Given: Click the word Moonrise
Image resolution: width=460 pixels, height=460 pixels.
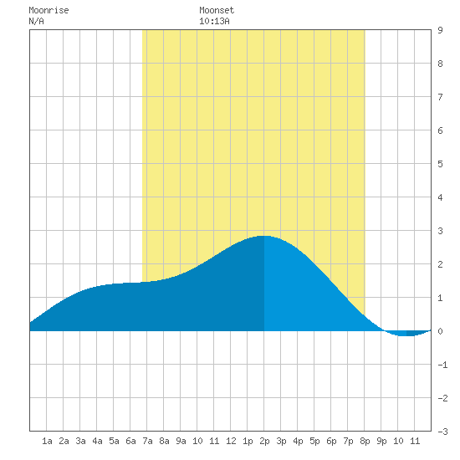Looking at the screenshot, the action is pyautogui.click(x=49, y=10).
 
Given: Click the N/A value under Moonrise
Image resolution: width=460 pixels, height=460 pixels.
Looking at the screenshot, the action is pyautogui.click(x=36, y=21).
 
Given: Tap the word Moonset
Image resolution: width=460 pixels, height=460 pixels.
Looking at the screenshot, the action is pyautogui.click(x=217, y=10).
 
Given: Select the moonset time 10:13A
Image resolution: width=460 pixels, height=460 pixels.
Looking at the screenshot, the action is pyautogui.click(x=214, y=21).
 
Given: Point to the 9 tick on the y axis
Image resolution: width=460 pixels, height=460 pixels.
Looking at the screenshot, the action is pyautogui.click(x=440, y=30).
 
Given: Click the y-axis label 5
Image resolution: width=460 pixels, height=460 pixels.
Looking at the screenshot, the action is pyautogui.click(x=440, y=164).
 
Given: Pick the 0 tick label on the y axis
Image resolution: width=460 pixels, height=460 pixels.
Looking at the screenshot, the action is pyautogui.click(x=440, y=331).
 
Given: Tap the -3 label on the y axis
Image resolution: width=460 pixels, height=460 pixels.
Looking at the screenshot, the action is pyautogui.click(x=442, y=432).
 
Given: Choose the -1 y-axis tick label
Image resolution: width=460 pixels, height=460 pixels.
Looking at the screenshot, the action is pyautogui.click(x=442, y=365).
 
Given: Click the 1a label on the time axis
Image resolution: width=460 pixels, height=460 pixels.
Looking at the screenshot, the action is pyautogui.click(x=47, y=441).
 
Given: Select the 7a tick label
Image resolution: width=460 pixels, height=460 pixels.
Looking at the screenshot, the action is pyautogui.click(x=147, y=441).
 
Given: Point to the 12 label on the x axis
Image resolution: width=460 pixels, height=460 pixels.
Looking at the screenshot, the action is pyautogui.click(x=231, y=441).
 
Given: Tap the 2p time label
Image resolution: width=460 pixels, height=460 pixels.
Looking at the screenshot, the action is pyautogui.click(x=264, y=441).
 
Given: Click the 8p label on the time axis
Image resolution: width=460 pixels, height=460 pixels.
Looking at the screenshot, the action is pyautogui.click(x=365, y=441).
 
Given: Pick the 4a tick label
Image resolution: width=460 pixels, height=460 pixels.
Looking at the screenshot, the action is pyautogui.click(x=97, y=441).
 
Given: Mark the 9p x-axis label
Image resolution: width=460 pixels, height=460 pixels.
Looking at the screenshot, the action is pyautogui.click(x=381, y=441).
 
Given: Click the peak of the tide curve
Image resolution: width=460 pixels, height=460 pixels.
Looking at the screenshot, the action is pyautogui.click(x=263, y=236).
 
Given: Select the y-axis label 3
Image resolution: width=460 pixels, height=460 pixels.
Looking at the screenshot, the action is pyautogui.click(x=440, y=231).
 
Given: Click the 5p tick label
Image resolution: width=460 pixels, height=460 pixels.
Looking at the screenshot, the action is pyautogui.click(x=314, y=441).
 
